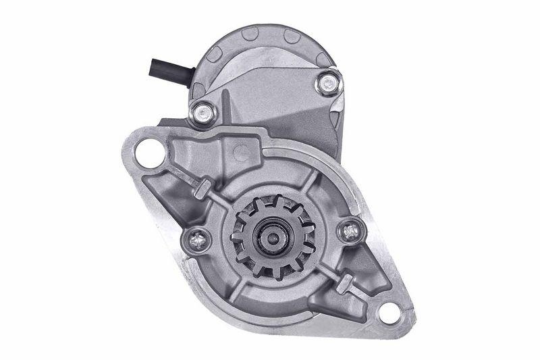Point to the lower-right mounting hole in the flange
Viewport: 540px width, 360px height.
tap(390, 312)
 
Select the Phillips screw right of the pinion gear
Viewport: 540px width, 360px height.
tap(350, 231)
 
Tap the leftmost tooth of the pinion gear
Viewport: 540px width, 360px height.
tap(235, 240)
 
